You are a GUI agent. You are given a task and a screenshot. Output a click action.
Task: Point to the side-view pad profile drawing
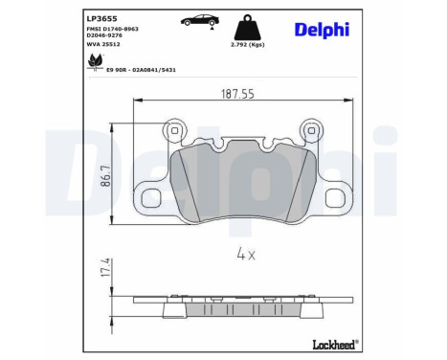pos(242,312)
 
